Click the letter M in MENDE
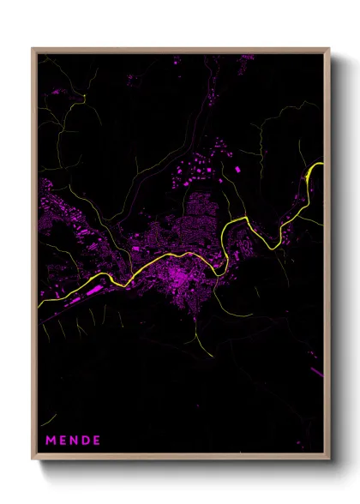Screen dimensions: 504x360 (x=51, y=441)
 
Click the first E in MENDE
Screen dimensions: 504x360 (x=63, y=441)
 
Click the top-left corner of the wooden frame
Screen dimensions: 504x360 (x=33, y=49)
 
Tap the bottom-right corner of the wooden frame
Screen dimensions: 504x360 (x=329, y=459)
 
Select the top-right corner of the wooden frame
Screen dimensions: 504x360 (x=329, y=49)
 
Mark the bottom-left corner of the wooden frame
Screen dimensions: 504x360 (x=33, y=459)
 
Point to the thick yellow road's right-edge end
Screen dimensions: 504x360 (x=322, y=164)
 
